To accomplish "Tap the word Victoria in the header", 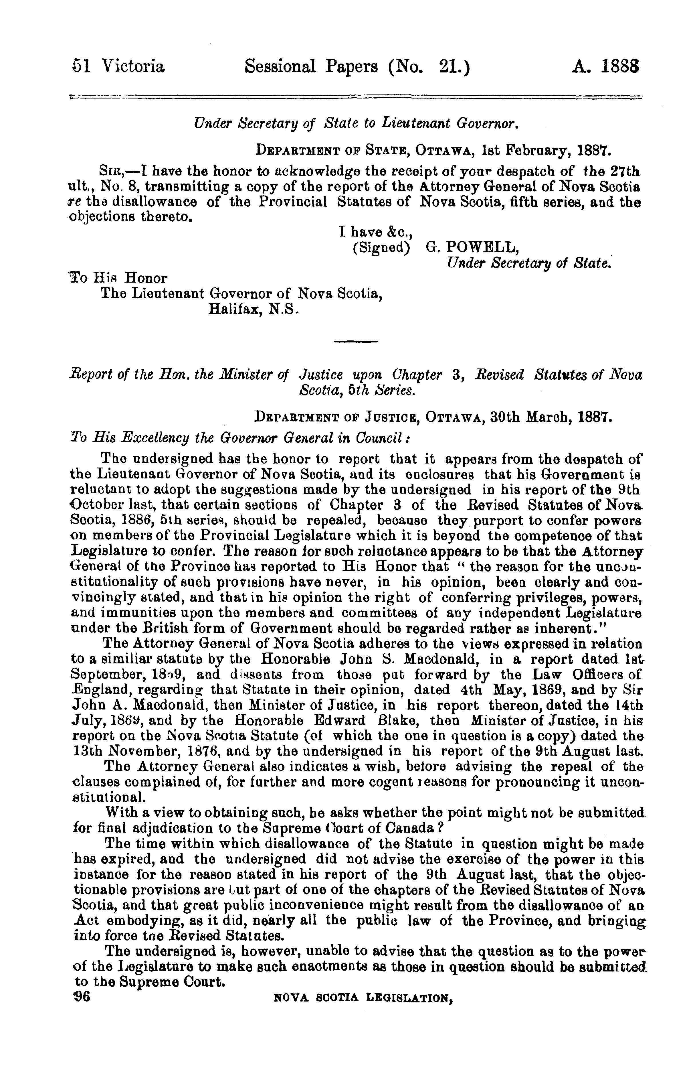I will click(133, 67).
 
